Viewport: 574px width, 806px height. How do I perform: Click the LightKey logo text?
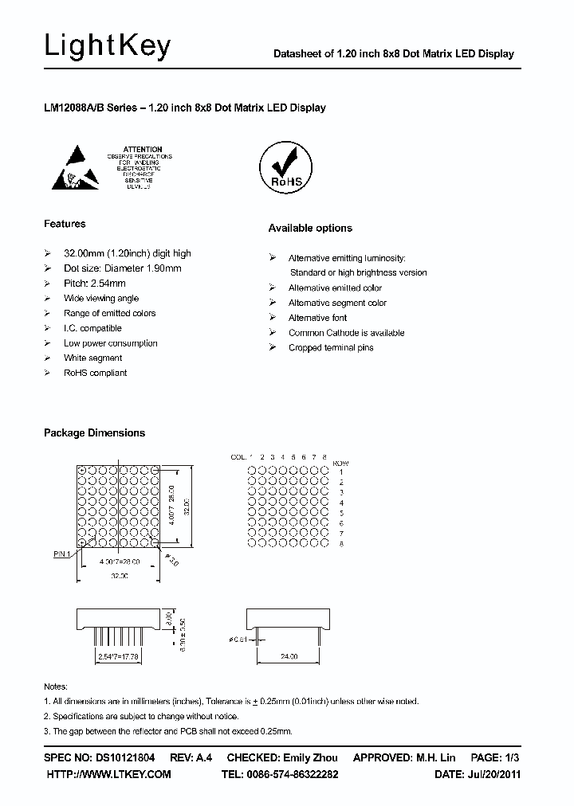107,47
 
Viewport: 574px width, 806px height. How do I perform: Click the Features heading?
65,224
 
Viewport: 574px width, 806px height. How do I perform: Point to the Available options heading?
309,229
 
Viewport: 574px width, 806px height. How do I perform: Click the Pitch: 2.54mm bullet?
94,284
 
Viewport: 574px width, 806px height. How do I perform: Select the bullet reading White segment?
92,358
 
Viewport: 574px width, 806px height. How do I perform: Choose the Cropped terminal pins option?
330,348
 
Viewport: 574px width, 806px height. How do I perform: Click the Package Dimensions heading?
94,433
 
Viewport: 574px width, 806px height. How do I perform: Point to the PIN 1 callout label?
62,553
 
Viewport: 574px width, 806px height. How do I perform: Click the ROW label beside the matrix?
340,464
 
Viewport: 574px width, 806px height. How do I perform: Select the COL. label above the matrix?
238,457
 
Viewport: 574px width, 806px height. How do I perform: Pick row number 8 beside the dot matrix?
340,544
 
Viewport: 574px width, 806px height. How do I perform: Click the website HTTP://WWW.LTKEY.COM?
109,774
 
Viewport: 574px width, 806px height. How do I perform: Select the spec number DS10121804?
126,757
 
